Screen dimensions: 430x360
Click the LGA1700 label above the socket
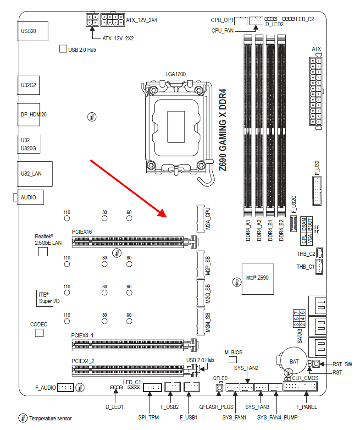176,74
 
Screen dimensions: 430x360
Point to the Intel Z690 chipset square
257,279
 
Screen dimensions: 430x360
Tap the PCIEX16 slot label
82,232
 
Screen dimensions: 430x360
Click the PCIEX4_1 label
83,335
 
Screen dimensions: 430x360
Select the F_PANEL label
306,407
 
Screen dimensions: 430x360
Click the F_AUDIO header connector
65,388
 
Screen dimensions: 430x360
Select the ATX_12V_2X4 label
142,20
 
